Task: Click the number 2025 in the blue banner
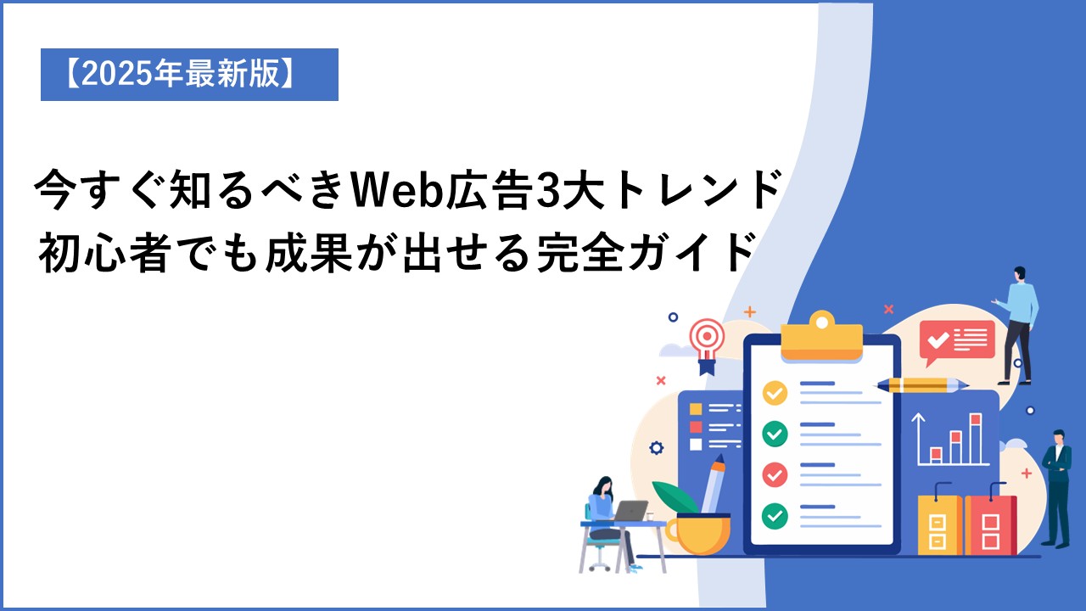click(x=118, y=75)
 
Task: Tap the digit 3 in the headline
click(x=539, y=190)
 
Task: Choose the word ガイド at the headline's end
click(x=691, y=252)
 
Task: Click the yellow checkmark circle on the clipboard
click(x=775, y=393)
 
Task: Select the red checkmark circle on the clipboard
click(x=775, y=474)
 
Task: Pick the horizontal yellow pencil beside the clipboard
click(x=921, y=385)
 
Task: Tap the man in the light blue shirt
click(x=1017, y=325)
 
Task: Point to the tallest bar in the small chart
click(x=976, y=439)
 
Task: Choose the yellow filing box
click(x=940, y=524)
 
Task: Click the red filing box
click(x=990, y=524)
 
